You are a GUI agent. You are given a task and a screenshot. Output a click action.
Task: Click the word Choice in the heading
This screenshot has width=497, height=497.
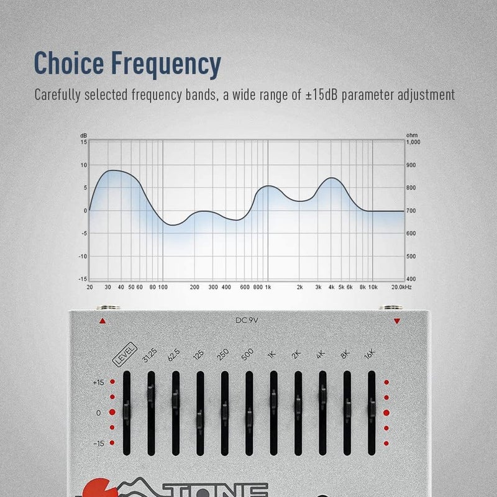click(72, 63)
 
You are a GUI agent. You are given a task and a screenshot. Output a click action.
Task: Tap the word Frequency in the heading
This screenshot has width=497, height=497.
click(168, 63)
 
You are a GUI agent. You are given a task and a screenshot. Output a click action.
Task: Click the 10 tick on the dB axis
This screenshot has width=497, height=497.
click(83, 165)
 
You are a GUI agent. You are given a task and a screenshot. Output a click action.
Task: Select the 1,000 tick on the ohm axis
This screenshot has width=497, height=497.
click(413, 142)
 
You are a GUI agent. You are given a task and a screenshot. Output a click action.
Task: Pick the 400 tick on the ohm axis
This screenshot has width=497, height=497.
click(411, 279)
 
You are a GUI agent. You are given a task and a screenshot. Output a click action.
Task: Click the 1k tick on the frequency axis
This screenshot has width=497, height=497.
click(268, 288)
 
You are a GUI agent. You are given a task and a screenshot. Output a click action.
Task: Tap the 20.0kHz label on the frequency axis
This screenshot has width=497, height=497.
click(401, 288)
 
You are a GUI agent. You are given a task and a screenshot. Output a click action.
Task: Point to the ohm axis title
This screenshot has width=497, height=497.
click(411, 135)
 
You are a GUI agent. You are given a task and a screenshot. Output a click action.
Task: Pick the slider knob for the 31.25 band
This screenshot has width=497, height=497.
click(151, 391)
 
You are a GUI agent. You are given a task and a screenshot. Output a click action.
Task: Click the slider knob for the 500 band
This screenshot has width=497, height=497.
click(248, 414)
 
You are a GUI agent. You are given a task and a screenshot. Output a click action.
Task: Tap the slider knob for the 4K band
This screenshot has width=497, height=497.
click(322, 392)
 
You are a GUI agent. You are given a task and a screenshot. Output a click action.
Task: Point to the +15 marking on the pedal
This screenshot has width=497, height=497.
click(97, 383)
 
